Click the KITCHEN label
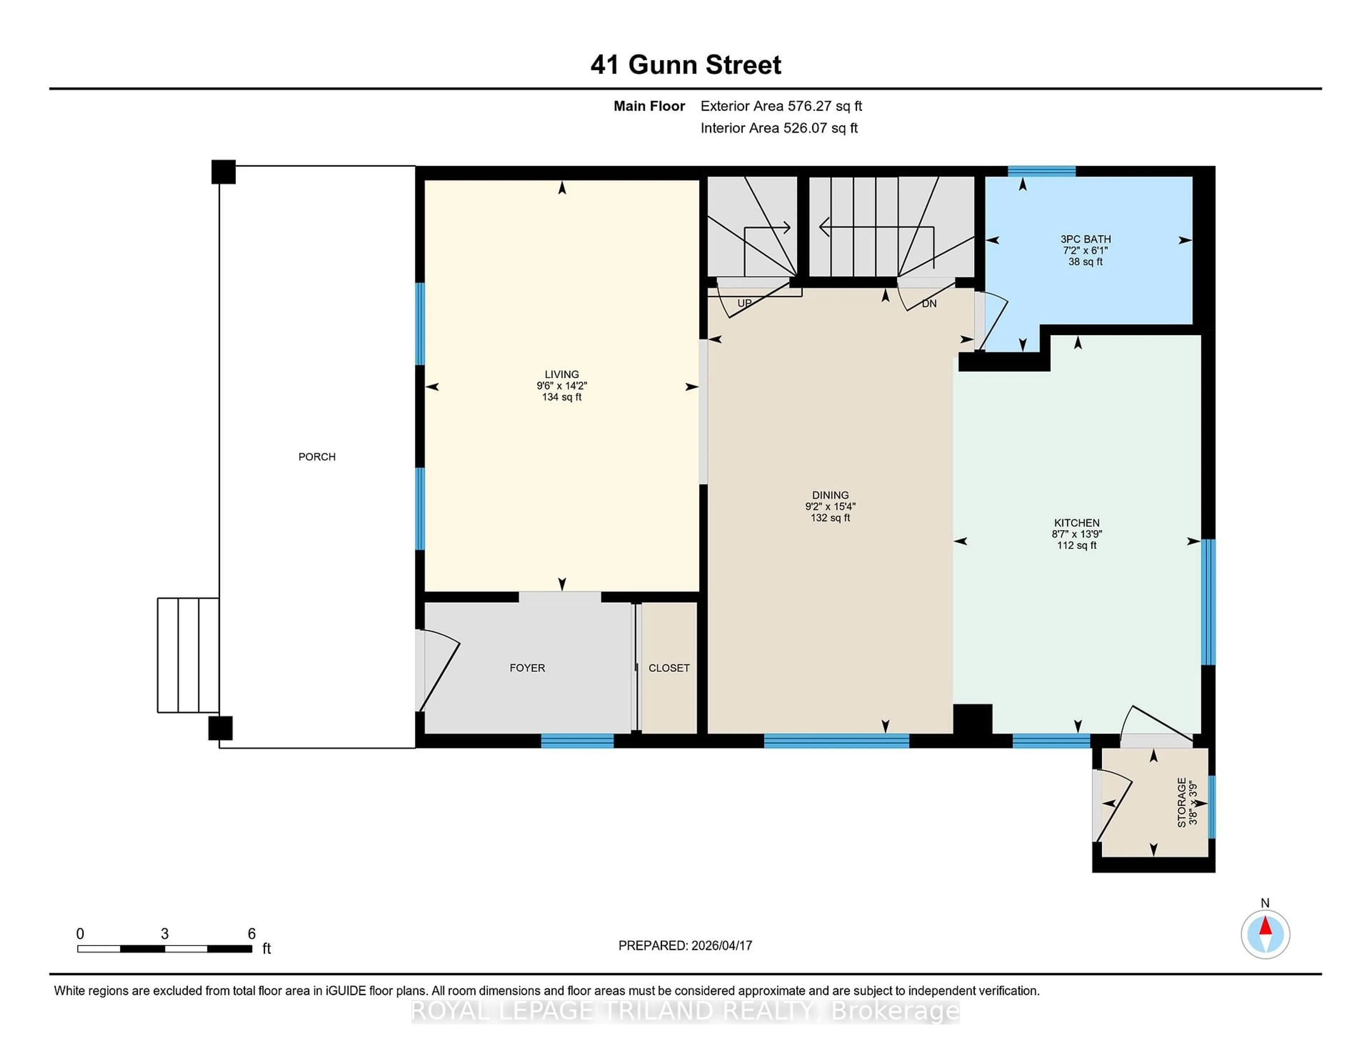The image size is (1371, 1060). click(x=1076, y=522)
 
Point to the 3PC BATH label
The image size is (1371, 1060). click(x=1085, y=239)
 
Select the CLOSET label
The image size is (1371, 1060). click(x=669, y=667)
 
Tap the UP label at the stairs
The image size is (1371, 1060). click(x=744, y=303)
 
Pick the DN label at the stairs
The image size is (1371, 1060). click(x=929, y=303)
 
